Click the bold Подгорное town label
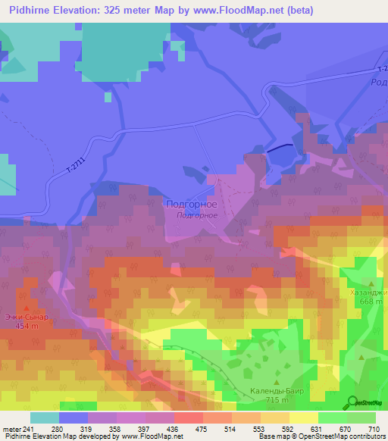[x=191, y=205]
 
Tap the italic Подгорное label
[x=197, y=215]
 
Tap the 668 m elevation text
[x=371, y=302]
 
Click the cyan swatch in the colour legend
[x=45, y=418]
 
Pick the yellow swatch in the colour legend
[x=304, y=418]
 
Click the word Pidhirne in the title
[x=33, y=11]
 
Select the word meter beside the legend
[x=12, y=429]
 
